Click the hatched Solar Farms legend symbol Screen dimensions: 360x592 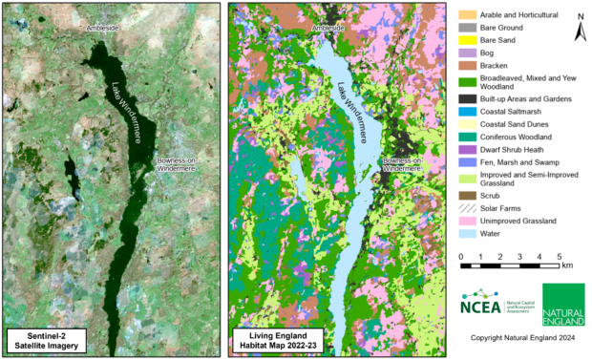(466, 208)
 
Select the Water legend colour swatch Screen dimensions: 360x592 (466, 234)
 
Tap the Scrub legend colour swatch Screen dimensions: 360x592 (466, 195)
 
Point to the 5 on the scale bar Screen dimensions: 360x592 (559, 257)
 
